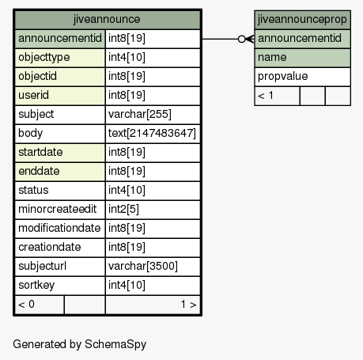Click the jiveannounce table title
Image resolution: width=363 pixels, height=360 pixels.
107,19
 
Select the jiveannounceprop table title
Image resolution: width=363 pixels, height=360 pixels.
302,20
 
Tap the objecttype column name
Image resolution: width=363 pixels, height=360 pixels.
44,57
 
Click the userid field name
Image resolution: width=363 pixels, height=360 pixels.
33,95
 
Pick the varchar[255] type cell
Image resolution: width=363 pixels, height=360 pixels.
140,114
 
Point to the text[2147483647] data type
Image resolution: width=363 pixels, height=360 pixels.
152,133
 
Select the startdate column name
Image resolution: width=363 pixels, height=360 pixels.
40,152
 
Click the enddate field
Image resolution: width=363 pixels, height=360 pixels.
39,171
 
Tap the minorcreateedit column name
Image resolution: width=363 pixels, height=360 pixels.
58,209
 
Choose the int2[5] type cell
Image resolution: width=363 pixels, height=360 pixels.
123,209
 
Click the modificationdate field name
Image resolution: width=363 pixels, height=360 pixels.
59,228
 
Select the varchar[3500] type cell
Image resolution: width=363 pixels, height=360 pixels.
143,266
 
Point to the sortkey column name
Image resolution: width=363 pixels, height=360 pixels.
36,285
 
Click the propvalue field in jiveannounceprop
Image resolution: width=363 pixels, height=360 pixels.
282,77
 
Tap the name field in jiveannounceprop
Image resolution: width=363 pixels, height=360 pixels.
272,57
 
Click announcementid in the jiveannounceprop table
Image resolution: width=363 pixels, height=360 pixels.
300,38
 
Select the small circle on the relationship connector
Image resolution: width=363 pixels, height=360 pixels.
241,39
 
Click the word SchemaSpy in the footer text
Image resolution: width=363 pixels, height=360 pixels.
115,344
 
